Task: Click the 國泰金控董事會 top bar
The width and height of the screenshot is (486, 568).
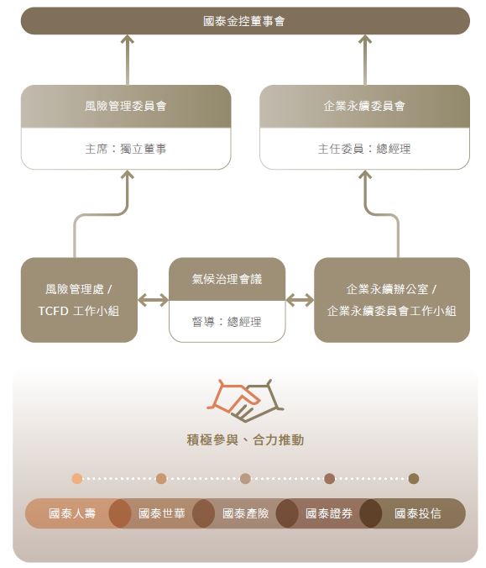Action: click(x=245, y=21)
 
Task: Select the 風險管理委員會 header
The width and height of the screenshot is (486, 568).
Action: click(x=126, y=106)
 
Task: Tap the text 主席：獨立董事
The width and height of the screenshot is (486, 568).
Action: click(x=126, y=149)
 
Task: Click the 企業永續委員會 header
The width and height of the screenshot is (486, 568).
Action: click(x=364, y=106)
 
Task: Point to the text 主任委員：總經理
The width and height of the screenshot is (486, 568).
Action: click(x=364, y=149)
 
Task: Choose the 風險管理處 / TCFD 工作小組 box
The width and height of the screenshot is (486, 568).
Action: click(x=79, y=300)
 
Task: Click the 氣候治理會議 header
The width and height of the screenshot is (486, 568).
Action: click(x=227, y=279)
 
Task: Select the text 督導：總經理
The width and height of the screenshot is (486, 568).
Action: click(x=227, y=322)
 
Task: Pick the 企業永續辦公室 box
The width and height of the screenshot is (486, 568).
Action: click(x=392, y=300)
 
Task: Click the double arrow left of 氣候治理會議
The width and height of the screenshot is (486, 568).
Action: click(x=153, y=300)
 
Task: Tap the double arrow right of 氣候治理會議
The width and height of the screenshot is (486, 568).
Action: click(x=300, y=300)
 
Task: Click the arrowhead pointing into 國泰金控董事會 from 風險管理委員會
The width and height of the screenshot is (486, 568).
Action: click(x=128, y=39)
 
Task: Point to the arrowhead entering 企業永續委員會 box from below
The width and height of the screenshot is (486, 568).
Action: click(x=365, y=175)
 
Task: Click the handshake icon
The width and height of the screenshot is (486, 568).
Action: click(x=245, y=401)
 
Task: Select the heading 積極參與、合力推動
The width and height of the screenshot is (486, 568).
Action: click(x=245, y=439)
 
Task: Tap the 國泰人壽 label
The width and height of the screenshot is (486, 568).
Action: click(x=72, y=513)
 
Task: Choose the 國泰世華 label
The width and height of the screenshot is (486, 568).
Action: click(x=162, y=513)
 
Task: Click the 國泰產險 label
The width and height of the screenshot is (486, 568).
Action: click(x=245, y=513)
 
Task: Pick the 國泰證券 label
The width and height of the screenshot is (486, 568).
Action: click(x=329, y=513)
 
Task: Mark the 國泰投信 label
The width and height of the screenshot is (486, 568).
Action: click(x=418, y=513)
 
